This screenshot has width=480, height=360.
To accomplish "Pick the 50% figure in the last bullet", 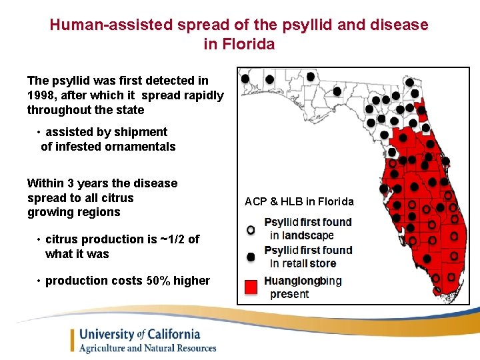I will pos(158,281).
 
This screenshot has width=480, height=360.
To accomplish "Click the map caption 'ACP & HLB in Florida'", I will pos(299,201).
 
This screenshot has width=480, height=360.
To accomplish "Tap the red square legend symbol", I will pos(251,287).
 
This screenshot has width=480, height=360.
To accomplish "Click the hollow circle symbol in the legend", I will pos(251,229).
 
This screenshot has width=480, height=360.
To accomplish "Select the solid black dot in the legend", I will pos(251,257).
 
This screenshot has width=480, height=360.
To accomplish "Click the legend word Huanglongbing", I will pos(303,281).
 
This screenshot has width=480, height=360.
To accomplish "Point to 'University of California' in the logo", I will pos(139,335).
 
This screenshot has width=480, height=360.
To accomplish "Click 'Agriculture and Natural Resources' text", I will pos(148,348).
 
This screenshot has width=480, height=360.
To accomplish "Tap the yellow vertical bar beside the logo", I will pos(72,340).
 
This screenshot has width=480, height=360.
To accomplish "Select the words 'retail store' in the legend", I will pos(313,263).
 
